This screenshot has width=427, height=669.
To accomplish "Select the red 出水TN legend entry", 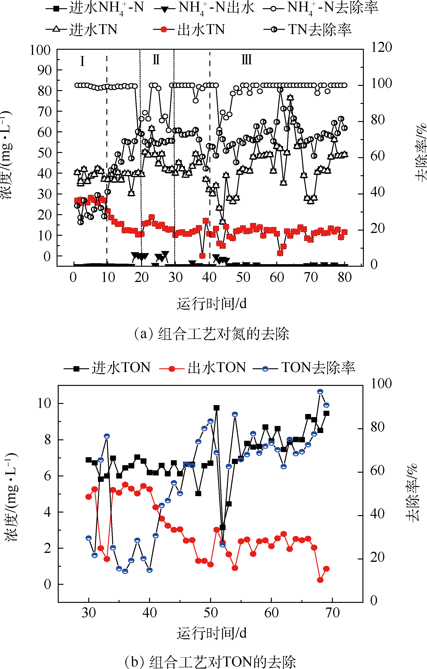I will click(x=189, y=30).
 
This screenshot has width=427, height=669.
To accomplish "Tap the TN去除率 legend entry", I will click(x=307, y=30).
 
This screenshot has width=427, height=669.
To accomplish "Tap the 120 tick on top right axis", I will click(x=381, y=47).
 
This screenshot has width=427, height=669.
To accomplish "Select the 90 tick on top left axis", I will click(x=44, y=71).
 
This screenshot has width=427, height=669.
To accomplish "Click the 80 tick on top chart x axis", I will click(x=345, y=277).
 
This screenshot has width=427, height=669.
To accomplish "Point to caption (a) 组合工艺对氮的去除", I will click(x=212, y=334).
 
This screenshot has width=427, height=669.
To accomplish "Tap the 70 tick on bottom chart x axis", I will click(x=332, y=613).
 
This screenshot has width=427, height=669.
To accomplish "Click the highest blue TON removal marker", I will click(x=320, y=392).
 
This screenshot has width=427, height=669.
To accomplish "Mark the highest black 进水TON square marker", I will click(x=217, y=408).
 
